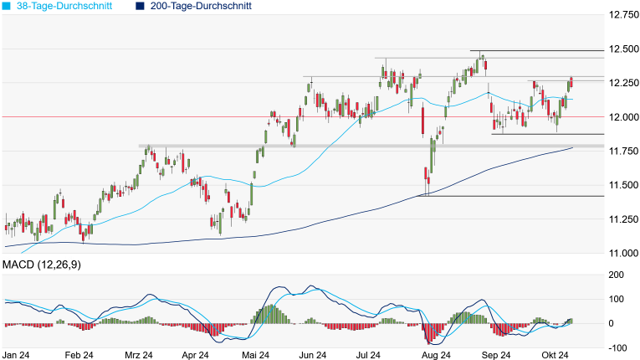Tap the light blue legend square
[7, 6]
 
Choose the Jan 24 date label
[18, 355]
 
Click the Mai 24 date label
[255, 355]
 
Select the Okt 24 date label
[553, 355]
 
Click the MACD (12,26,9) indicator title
[47, 265]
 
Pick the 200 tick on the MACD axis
[616, 275]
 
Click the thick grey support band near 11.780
[335, 147]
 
